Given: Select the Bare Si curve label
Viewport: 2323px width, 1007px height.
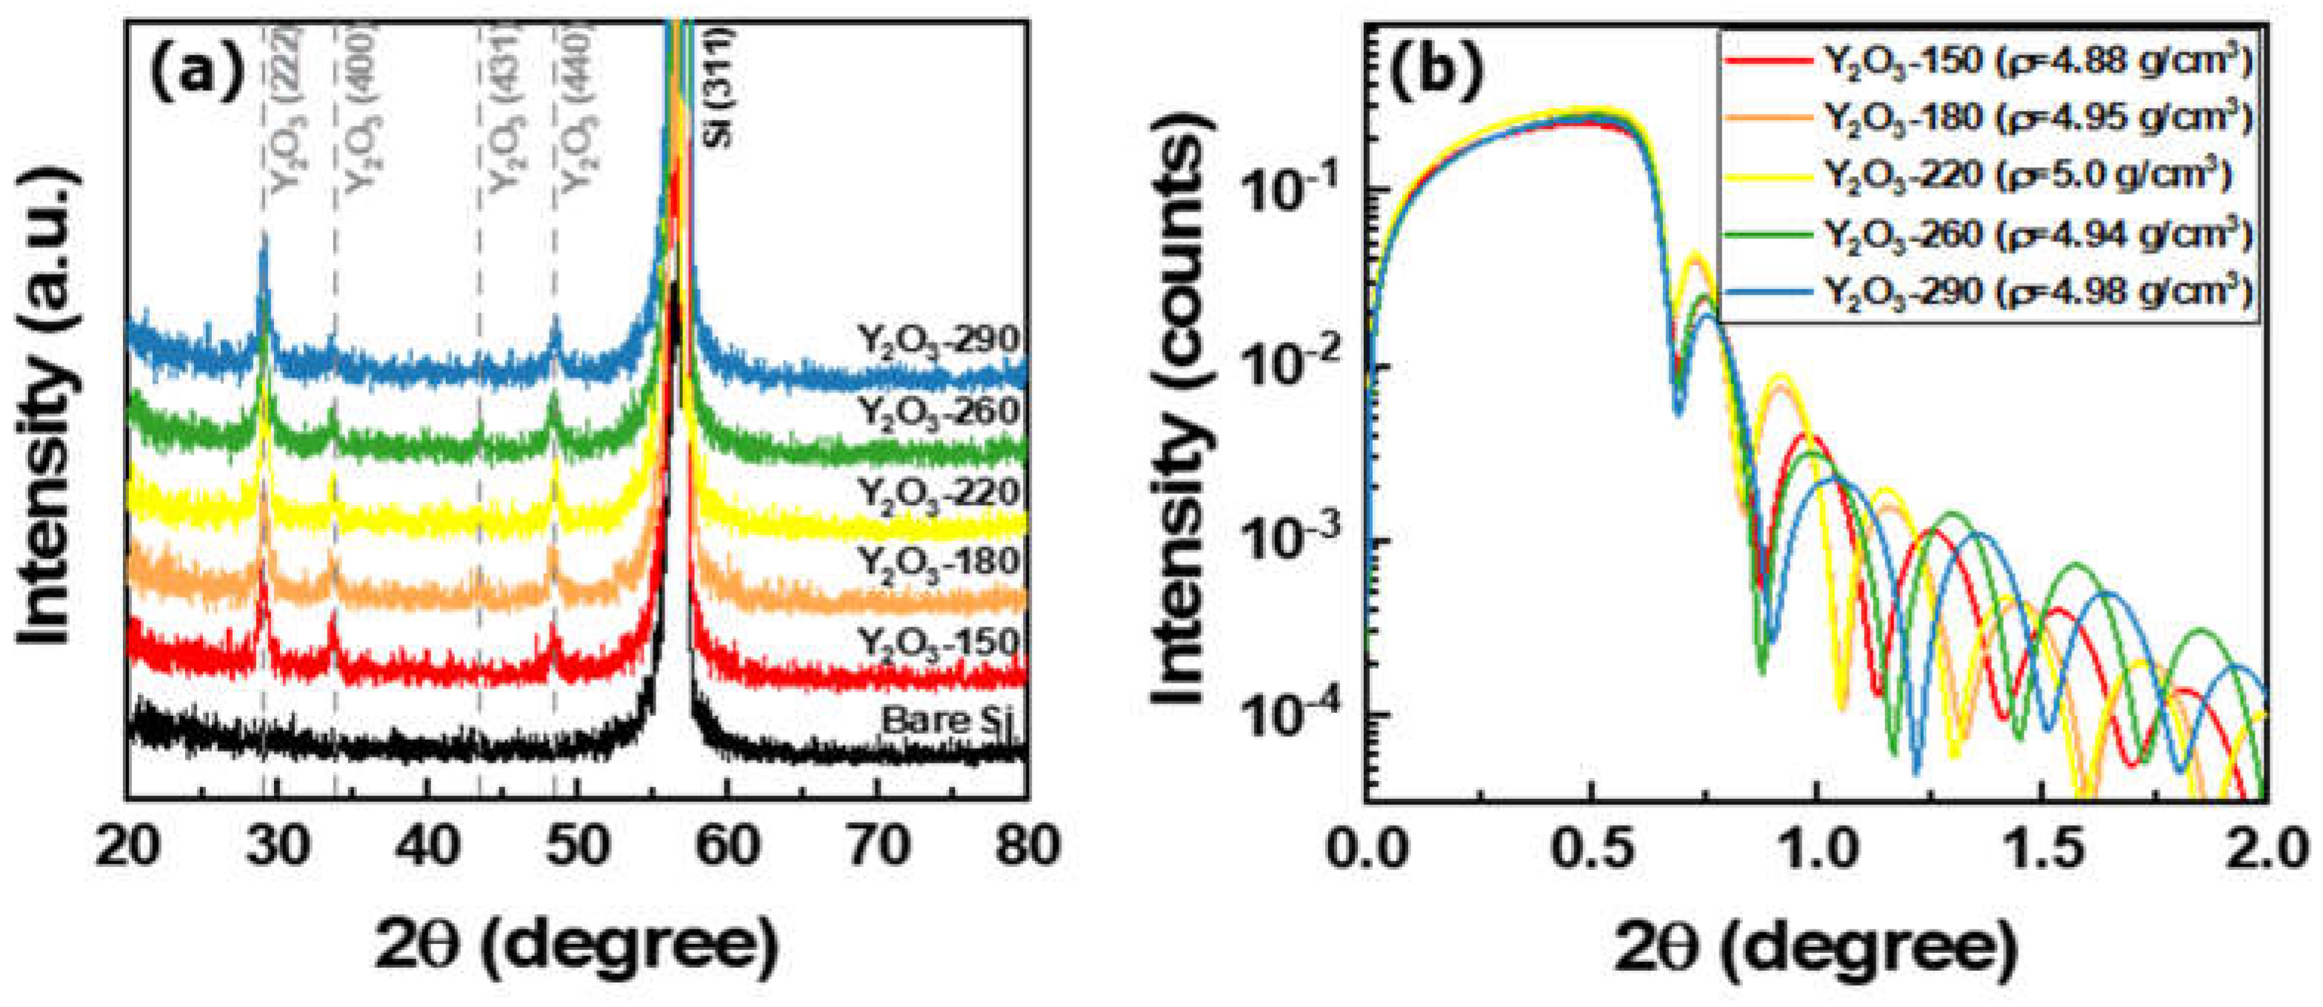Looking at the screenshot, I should point(947,721).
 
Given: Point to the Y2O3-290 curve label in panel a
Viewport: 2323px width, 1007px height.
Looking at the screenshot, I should point(938,341).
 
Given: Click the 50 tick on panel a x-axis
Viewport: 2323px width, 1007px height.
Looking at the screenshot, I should point(577,846).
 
